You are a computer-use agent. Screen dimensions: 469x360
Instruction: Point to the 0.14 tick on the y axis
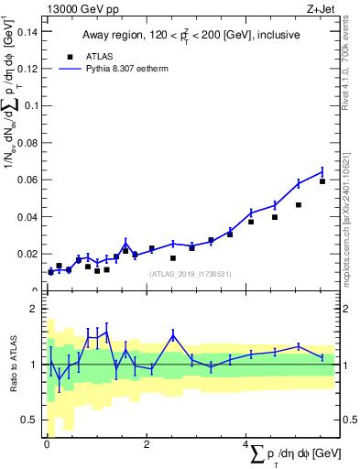pos(27,30)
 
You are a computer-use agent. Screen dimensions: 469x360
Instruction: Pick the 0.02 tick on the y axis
pos(27,254)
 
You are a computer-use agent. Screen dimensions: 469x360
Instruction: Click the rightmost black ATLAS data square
pos(322,181)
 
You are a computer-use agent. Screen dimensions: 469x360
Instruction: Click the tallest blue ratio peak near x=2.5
pos(173,335)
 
